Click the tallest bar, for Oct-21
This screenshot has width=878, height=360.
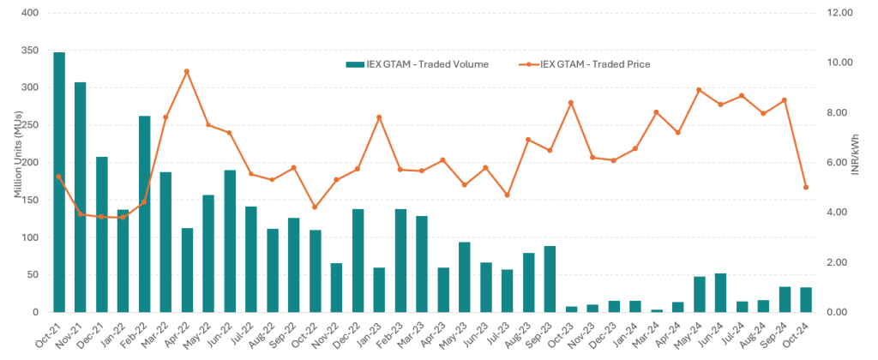pyautogui.click(x=59, y=182)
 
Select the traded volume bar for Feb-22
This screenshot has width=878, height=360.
pyautogui.click(x=144, y=214)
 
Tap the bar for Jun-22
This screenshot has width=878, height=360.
pyautogui.click(x=230, y=241)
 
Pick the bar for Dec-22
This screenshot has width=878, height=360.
pyautogui.click(x=358, y=261)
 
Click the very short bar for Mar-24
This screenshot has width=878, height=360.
pyautogui.click(x=657, y=311)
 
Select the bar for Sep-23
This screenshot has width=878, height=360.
pyautogui.click(x=550, y=279)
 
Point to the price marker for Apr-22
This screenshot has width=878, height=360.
pyautogui.click(x=187, y=72)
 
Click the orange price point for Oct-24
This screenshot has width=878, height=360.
pyautogui.click(x=806, y=187)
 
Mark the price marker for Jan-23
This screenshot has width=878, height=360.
pyautogui.click(x=379, y=117)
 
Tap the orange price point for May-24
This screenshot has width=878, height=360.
pyautogui.click(x=700, y=90)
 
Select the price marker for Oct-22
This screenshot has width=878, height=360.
pyautogui.click(x=315, y=207)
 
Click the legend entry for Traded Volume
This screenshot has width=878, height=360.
pyautogui.click(x=418, y=64)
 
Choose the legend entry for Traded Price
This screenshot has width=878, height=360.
pyautogui.click(x=585, y=64)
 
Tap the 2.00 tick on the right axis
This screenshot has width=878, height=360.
pyautogui.click(x=841, y=262)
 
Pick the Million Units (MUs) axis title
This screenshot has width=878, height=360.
pyautogui.click(x=17, y=162)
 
